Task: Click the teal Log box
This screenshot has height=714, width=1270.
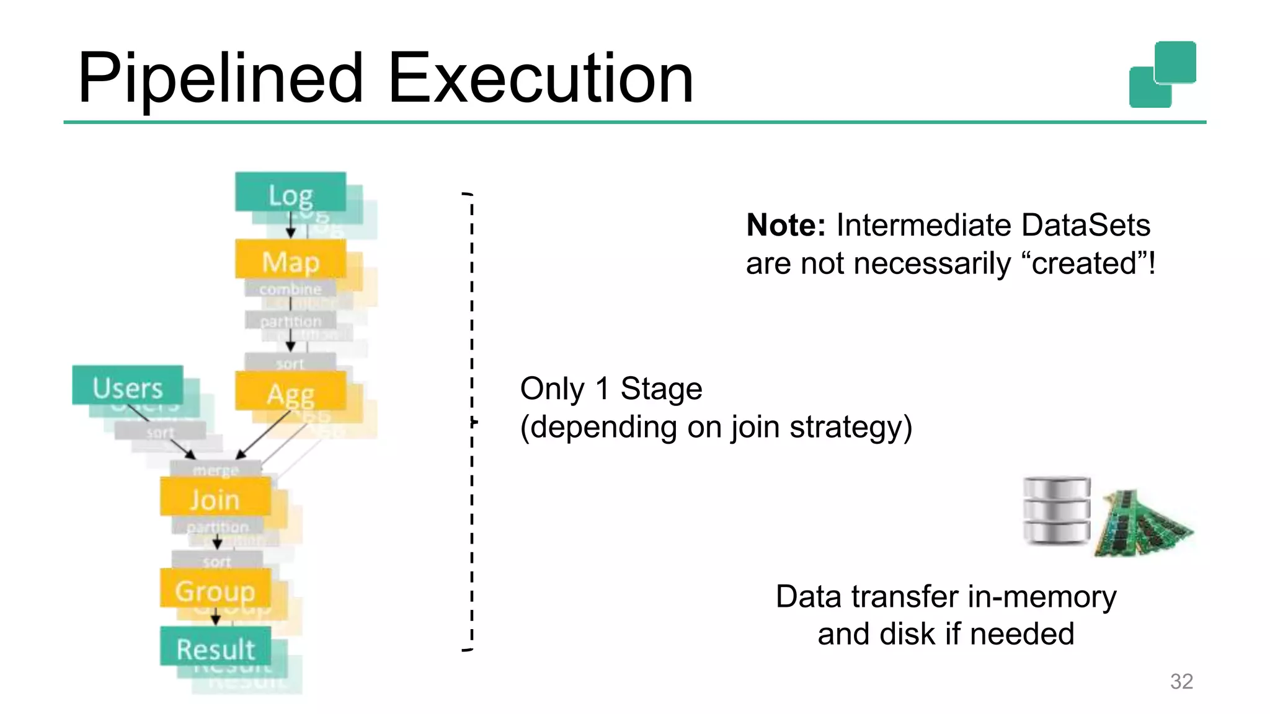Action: (290, 193)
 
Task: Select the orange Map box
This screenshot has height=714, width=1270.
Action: (290, 260)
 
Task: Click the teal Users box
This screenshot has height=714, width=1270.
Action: (128, 386)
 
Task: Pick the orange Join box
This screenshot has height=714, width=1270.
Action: (215, 498)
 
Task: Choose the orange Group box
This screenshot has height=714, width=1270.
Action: (215, 589)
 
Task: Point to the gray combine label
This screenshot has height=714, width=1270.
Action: (290, 289)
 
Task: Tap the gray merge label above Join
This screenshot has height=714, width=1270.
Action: (215, 470)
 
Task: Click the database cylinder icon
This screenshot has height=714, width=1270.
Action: (1056, 511)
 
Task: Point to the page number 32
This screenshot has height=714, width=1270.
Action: (1181, 681)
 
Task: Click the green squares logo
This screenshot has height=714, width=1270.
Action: (1163, 74)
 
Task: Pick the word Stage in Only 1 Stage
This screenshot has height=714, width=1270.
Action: (661, 389)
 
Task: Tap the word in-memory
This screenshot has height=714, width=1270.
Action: (1041, 597)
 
